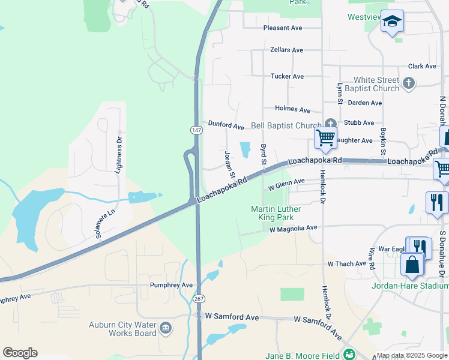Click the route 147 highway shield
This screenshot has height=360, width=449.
[x=196, y=130]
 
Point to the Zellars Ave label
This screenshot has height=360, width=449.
[x=286, y=50]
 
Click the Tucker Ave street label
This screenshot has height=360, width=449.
[x=287, y=77]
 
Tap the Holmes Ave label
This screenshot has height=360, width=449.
[x=292, y=110]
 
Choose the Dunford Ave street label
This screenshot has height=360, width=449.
[x=226, y=126]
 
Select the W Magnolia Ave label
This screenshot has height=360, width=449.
[x=293, y=229]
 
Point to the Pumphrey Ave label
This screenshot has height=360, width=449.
[x=171, y=286]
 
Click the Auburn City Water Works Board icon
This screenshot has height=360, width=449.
[x=166, y=328]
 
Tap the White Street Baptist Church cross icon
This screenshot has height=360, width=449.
[x=409, y=83]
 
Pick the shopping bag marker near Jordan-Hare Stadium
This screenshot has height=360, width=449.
[x=412, y=265]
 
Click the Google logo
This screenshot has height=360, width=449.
[x=20, y=353]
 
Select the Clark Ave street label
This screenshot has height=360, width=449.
[x=422, y=67]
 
